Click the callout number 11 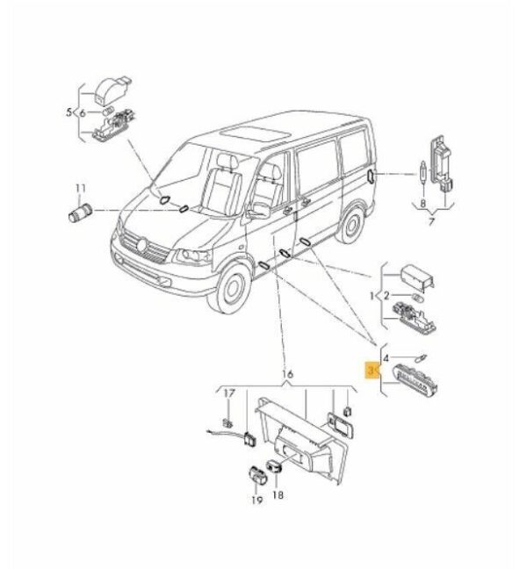[81, 189]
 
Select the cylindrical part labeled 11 [80, 212]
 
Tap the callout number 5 [69, 112]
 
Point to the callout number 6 [83, 113]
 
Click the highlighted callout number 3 [371, 371]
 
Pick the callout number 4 [386, 358]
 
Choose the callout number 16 [287, 374]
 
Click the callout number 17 [229, 393]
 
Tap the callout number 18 [278, 494]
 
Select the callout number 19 [256, 500]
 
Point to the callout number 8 [422, 203]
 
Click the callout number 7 [431, 221]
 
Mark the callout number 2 [386, 296]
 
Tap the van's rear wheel [350, 225]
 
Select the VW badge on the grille [142, 244]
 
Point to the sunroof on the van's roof [255, 134]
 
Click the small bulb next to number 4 [422, 357]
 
